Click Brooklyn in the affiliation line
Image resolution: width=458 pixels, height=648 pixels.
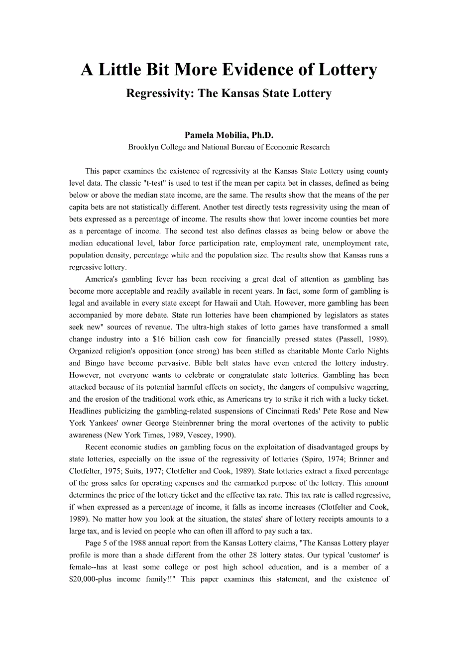142,147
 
